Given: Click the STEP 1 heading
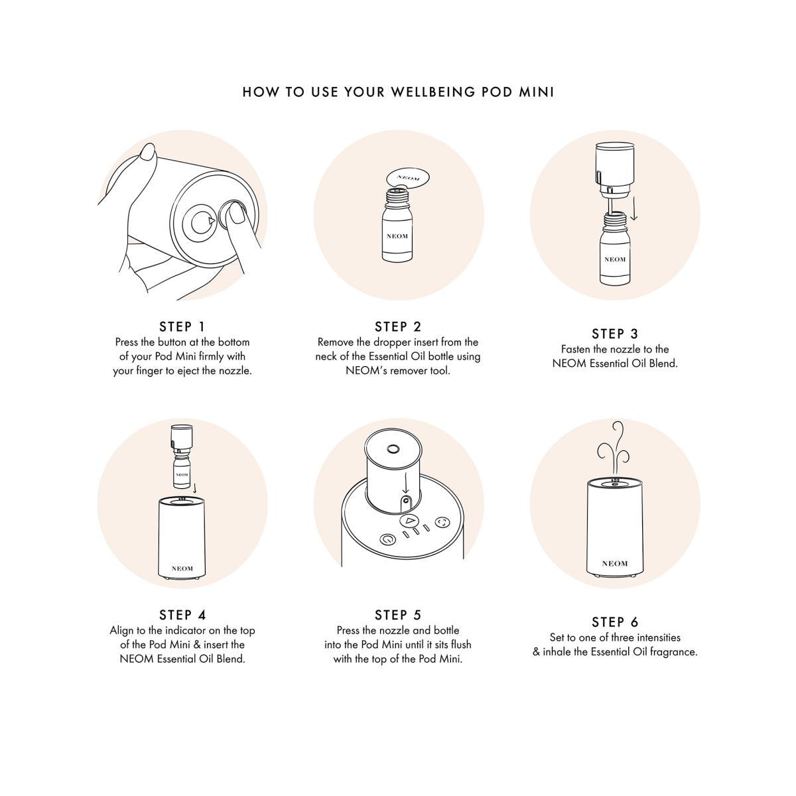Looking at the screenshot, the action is (182, 327).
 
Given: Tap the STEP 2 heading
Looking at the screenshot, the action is (398, 327).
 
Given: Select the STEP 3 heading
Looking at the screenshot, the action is (615, 334).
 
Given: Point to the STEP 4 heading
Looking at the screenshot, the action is (182, 615).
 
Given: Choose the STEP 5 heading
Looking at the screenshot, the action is (398, 615).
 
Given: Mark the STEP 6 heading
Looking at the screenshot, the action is (615, 622).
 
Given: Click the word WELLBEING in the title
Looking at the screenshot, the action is (433, 92).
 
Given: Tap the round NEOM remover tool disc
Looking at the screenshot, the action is (408, 178).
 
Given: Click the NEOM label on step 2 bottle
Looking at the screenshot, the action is (397, 236).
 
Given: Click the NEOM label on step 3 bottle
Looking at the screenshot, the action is (615, 259).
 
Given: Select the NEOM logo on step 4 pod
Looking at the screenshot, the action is (182, 568).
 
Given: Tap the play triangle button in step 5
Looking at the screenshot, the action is (409, 521).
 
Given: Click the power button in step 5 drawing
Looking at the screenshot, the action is (387, 539).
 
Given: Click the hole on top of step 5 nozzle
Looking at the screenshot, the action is (392, 449).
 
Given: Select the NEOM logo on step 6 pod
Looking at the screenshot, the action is (615, 563).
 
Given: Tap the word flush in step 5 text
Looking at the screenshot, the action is (458, 644).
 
